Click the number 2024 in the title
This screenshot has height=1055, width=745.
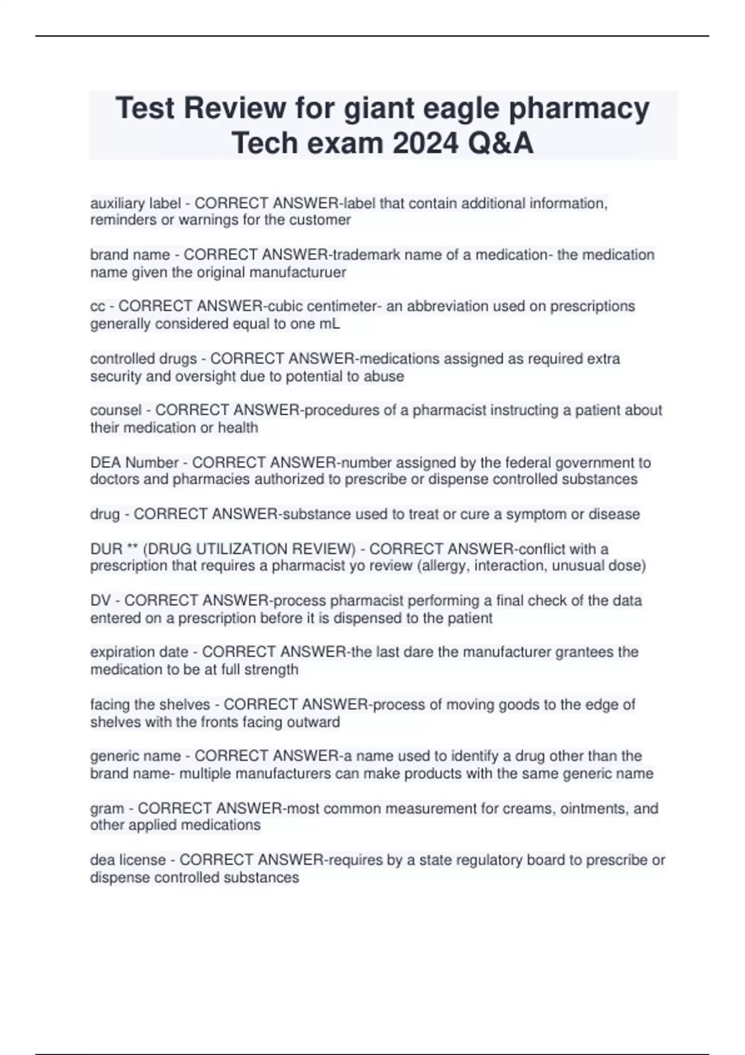tap(423, 143)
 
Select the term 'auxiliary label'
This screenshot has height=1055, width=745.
tap(135, 204)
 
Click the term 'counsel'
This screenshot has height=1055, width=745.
tap(116, 410)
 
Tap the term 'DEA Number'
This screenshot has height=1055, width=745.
tap(134, 462)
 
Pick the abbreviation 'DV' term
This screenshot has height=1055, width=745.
tap(101, 601)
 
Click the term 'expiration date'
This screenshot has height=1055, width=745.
tap(139, 652)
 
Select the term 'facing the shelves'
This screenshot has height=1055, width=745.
tap(150, 705)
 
